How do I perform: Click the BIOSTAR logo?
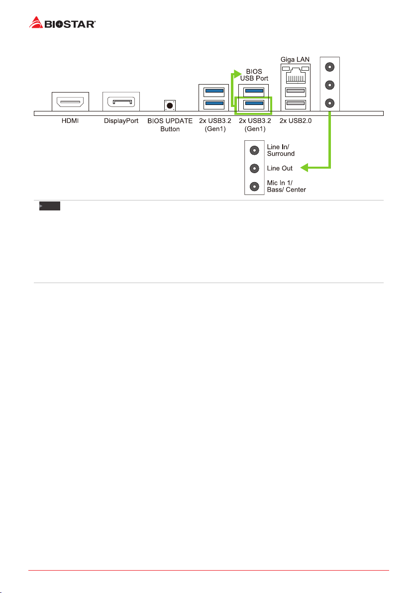62,23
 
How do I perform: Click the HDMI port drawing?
70,101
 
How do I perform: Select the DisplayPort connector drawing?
121,101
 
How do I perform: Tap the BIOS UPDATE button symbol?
170,105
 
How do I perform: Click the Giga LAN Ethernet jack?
296,75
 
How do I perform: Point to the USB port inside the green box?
254,103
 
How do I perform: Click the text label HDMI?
70,121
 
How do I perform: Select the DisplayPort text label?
121,121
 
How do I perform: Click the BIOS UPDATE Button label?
170,125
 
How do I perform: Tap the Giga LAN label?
295,59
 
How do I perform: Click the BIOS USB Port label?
254,75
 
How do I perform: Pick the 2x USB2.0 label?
296,121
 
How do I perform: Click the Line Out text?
280,168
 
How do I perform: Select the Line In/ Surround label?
281,150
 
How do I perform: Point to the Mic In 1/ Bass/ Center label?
286,186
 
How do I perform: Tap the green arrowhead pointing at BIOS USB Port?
237,74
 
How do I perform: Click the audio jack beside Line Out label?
255,168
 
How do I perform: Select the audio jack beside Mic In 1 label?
255,187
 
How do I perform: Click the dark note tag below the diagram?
50,206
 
